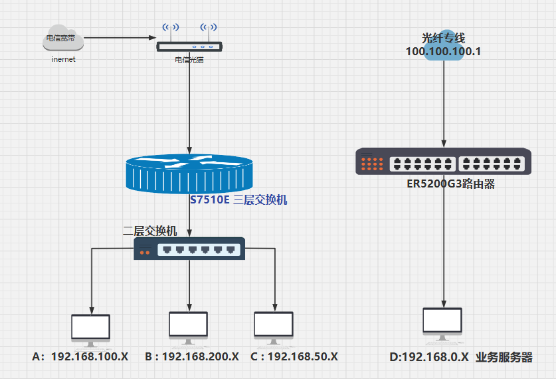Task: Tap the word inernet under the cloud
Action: (x=64, y=59)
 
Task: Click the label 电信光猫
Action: (x=189, y=60)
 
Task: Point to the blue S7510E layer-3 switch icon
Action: (x=189, y=172)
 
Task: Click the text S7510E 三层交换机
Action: (x=238, y=199)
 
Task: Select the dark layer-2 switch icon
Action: (x=190, y=249)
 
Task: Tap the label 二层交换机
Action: (x=150, y=231)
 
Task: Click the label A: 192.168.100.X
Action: (x=80, y=356)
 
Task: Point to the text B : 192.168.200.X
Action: (x=192, y=356)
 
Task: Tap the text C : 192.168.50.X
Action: (x=294, y=356)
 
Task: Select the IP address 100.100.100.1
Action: (x=443, y=51)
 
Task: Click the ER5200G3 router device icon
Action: (x=443, y=162)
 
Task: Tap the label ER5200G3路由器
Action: (x=451, y=184)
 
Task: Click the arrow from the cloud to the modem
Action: (x=120, y=38)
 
